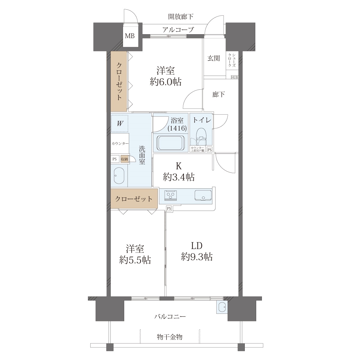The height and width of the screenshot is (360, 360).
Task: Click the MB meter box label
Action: (130, 35)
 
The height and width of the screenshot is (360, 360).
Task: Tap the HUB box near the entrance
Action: (235, 77)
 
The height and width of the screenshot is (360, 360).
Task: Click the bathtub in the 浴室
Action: (171, 142)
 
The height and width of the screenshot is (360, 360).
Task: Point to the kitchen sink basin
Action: (203, 195)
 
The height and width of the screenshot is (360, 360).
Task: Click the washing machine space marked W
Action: (120, 124)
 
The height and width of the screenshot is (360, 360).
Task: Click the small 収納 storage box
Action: (124, 159)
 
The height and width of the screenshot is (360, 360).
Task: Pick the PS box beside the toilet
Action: (210, 150)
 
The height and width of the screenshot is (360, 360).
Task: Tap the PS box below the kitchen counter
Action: (169, 208)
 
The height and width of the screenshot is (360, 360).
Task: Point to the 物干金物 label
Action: (169, 337)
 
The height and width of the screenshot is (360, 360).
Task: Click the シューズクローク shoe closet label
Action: (232, 60)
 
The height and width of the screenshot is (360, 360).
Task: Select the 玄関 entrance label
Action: (214, 58)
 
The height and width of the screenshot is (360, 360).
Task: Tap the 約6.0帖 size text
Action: (166, 82)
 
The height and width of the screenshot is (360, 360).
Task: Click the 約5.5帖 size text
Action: (135, 260)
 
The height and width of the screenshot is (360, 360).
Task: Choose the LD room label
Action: (197, 246)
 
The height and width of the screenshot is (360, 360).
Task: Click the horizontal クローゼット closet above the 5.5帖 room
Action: (134, 199)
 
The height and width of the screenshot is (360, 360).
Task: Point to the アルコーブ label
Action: (178, 29)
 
